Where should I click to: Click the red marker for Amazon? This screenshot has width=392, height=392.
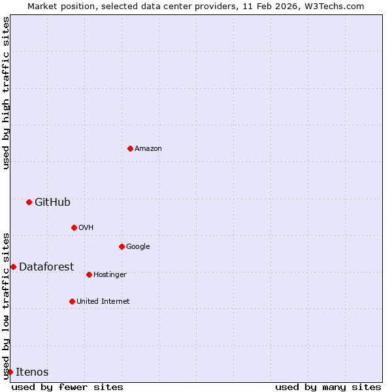[x=130, y=148]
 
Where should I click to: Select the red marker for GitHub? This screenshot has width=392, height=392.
[x=29, y=202]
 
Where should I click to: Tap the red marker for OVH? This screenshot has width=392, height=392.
[x=74, y=227]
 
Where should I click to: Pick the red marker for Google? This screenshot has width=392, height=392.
[x=122, y=246]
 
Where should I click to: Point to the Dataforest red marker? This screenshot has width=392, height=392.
[x=13, y=267]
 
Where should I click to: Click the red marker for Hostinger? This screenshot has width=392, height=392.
[x=89, y=274]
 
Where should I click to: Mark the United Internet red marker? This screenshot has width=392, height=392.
[x=72, y=301]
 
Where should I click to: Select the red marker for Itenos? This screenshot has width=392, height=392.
[x=10, y=372]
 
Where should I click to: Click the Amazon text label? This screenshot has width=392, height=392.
[x=148, y=148]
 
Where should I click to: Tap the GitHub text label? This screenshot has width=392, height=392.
[x=52, y=202]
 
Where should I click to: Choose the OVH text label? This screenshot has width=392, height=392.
[x=86, y=227]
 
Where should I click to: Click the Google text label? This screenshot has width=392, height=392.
[x=138, y=246]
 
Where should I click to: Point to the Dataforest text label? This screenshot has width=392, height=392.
[x=46, y=267]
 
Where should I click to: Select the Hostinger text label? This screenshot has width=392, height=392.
[x=110, y=274]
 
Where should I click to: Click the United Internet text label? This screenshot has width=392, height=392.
[x=103, y=301]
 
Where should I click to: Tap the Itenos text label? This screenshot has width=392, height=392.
[x=32, y=372]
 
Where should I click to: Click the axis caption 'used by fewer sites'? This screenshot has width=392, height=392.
[x=67, y=387]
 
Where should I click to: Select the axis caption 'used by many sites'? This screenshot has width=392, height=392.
[x=328, y=387]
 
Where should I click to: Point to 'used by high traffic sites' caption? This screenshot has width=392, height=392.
[x=6, y=93]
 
